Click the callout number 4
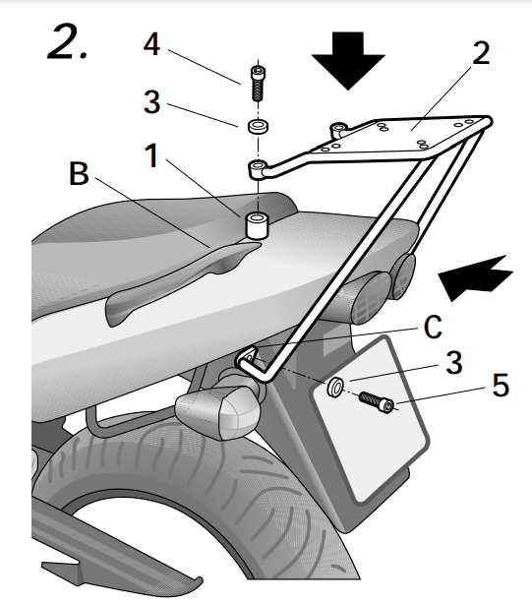[x=150, y=45]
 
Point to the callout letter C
[x=434, y=328]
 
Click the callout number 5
[x=501, y=386]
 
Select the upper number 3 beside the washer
[x=150, y=101]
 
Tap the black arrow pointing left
[x=475, y=275]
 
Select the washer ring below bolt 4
[x=259, y=128]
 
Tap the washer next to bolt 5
[x=335, y=388]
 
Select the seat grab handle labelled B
[x=177, y=280]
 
